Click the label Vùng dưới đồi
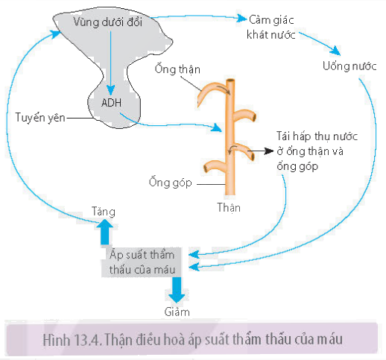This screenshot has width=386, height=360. [x=108, y=22]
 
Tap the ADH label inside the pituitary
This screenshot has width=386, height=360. [x=112, y=103]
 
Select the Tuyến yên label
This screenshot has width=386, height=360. [x=40, y=118]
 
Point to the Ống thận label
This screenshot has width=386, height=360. [x=177, y=69]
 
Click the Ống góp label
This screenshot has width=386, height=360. [x=171, y=182]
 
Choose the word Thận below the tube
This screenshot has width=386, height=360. [x=229, y=207]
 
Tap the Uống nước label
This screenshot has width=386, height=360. [x=349, y=66]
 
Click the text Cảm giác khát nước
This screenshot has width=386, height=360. [x=271, y=28]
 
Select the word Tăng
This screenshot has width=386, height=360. [x=104, y=212]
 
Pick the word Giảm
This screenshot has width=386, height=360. [x=177, y=312]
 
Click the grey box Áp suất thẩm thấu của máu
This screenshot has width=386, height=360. [x=142, y=262]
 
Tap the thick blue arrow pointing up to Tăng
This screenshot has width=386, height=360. [x=105, y=232]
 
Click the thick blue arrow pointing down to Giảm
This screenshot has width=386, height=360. [x=177, y=290]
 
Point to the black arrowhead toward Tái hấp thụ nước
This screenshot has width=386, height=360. [x=269, y=151]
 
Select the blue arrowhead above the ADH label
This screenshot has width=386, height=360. [x=111, y=90]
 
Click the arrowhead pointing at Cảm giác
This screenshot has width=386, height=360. [x=241, y=18]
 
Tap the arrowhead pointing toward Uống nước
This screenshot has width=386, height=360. [x=335, y=51]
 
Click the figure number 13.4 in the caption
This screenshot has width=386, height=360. [x=86, y=340]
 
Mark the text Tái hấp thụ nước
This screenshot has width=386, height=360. [x=317, y=136]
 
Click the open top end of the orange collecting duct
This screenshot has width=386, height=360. [x=230, y=81]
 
